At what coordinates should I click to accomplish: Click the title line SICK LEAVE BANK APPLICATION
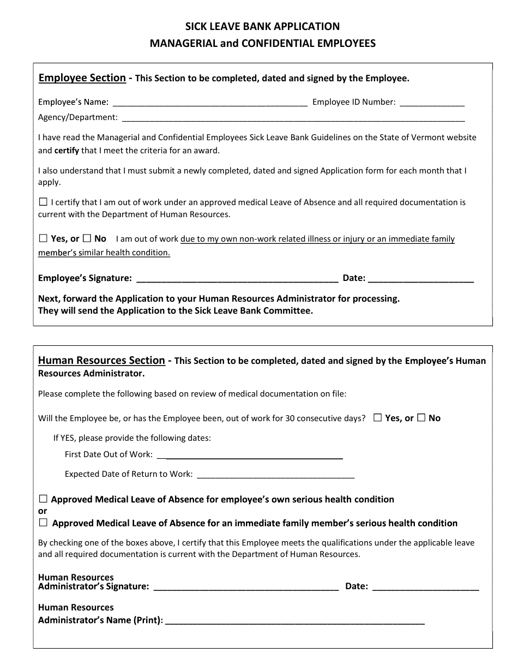pos(262,26)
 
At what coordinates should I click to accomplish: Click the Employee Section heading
pos(82,78)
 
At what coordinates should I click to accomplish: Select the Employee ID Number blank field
pos(432,102)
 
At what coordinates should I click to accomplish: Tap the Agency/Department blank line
pos(293,117)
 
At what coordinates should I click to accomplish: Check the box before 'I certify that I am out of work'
pos(43,202)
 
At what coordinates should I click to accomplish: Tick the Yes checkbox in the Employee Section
pos(43,238)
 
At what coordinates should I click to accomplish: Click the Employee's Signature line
pos(237,278)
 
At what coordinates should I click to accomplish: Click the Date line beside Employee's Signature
pos(421,278)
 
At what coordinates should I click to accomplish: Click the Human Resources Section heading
pos(101,361)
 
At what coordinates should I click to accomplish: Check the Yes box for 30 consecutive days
pos(377,418)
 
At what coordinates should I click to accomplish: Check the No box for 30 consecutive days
pos(421,418)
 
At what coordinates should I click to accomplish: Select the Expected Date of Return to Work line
pos(275,474)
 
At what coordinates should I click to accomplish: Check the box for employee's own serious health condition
pos(43,499)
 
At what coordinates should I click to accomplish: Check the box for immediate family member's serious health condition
pos(43,523)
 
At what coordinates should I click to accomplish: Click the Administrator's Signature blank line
pos(246,586)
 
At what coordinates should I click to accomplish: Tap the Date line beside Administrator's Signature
pos(426,586)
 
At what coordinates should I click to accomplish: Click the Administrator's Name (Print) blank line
pos(294,620)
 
